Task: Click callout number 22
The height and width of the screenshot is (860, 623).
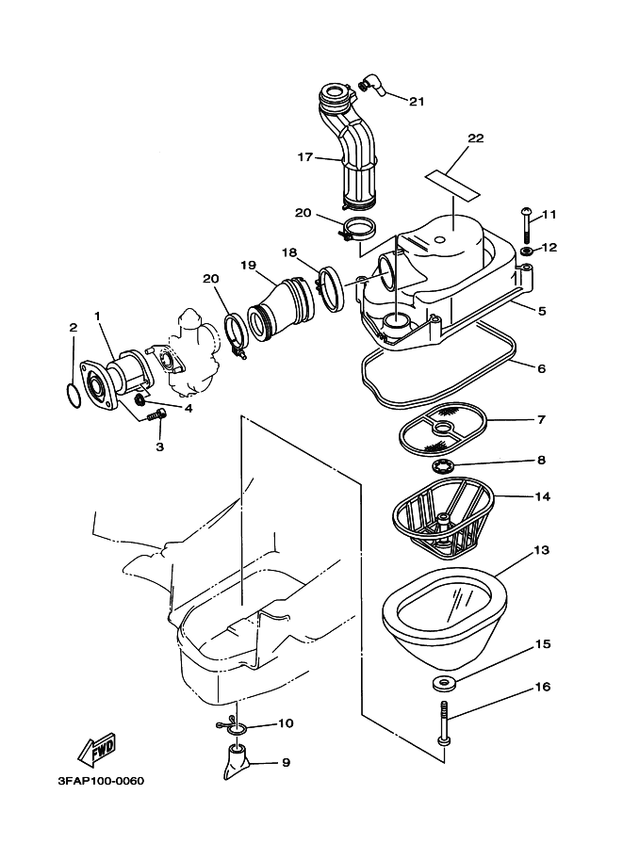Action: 475,138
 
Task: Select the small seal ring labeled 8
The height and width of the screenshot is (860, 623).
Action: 444,466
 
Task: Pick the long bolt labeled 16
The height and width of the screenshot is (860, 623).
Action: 444,722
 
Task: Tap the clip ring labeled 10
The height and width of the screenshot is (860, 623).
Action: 235,725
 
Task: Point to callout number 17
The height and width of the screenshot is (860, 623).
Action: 305,157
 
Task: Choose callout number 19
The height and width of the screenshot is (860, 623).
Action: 248,266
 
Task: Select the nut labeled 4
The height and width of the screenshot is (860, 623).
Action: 140,402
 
